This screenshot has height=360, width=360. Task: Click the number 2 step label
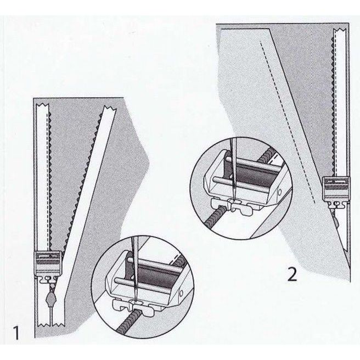point(292,274)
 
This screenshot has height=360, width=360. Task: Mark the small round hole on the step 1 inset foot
point(181,293)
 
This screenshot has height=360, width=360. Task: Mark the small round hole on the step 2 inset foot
point(279,192)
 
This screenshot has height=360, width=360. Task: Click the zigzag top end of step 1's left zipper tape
point(43,105)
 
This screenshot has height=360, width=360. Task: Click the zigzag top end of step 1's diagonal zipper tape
point(110,108)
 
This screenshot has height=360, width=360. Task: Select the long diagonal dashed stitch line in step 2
point(287,122)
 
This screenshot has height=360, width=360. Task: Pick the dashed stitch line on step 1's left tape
point(48,177)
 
